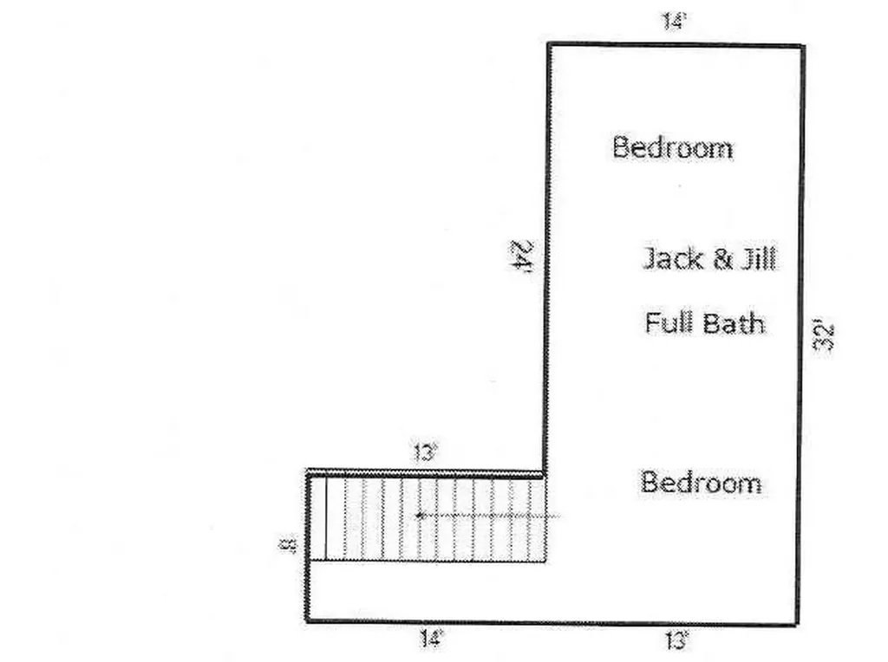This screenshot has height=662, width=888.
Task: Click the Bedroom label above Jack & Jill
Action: point(673,147)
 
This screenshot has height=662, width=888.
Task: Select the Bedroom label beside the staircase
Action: point(701,483)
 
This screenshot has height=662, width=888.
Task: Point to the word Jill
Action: point(758,258)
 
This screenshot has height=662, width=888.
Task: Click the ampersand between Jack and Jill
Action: point(722,259)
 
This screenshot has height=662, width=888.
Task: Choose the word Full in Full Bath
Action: point(666,322)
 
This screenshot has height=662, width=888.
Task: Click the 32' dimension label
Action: point(825,337)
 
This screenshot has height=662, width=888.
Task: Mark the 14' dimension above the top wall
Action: point(674,21)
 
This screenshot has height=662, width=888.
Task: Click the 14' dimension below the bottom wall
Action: point(430,639)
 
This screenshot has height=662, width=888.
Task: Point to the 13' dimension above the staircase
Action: point(425,452)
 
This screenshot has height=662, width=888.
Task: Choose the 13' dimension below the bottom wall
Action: point(676,640)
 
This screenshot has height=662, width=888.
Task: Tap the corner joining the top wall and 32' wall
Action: point(802,46)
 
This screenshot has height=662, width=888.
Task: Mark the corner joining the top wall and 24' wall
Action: point(549,44)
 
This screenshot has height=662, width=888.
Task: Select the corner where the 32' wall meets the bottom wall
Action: point(797,624)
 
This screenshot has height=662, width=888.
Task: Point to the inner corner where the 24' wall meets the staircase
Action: point(545,473)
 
